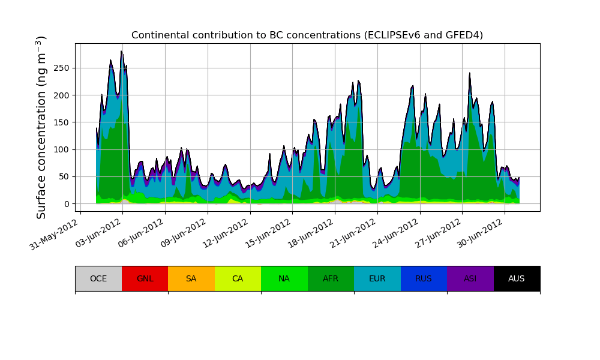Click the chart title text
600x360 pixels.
click(307, 35)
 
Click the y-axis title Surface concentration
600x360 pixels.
click(41, 127)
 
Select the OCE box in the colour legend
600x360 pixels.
click(98, 278)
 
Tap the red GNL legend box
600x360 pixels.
click(145, 278)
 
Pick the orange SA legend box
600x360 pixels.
click(191, 278)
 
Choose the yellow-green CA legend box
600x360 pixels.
click(238, 278)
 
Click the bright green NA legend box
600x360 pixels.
click(284, 278)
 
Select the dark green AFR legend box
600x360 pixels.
click(331, 278)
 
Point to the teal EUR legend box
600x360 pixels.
click(377, 278)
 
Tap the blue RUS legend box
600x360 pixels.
click(424, 278)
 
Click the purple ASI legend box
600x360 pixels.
click(470, 278)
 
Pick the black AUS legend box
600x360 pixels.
click(517, 278)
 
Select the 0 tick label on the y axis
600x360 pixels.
click(67, 204)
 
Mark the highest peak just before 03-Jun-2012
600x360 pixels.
click(121, 52)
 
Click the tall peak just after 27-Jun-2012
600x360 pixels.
click(470, 73)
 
